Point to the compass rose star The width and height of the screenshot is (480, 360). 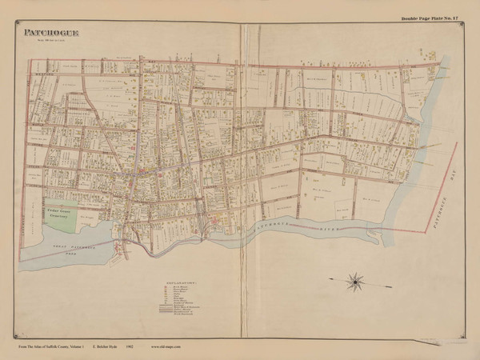pyautogui.click(x=354, y=281)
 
